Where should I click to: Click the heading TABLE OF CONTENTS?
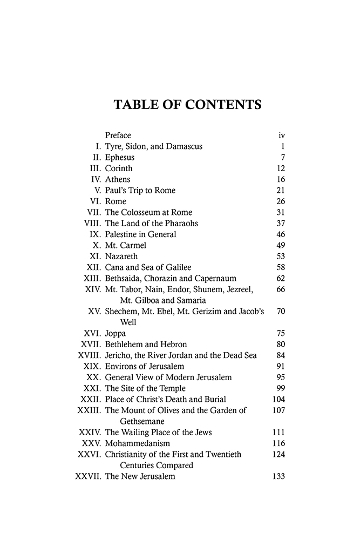[187, 105]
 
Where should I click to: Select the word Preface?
[118, 135]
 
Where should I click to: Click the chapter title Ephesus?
[120, 157]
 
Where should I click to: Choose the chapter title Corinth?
[119, 168]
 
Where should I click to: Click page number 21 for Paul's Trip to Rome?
[280, 191]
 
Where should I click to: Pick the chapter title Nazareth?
[121, 256]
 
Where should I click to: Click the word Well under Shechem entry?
[128, 322]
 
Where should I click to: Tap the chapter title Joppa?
[116, 334]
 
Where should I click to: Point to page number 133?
[279, 477]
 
